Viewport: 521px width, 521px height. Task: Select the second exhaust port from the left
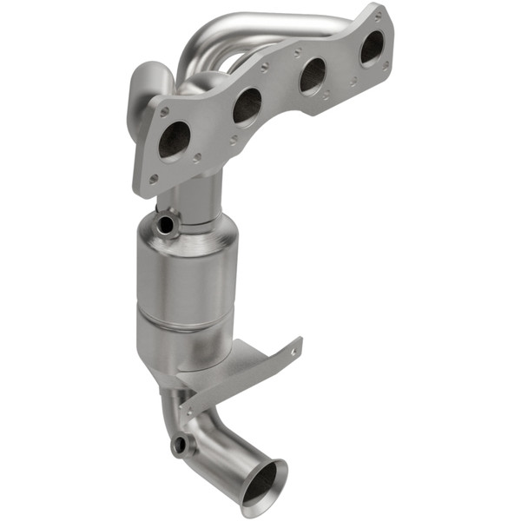click(247, 106)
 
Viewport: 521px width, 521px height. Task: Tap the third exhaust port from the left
click(313, 77)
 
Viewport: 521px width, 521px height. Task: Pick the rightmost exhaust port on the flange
click(373, 47)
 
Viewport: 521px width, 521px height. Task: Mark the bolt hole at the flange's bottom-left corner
click(154, 179)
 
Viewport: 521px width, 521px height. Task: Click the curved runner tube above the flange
click(260, 22)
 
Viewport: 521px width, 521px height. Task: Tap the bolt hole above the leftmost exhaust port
click(164, 112)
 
